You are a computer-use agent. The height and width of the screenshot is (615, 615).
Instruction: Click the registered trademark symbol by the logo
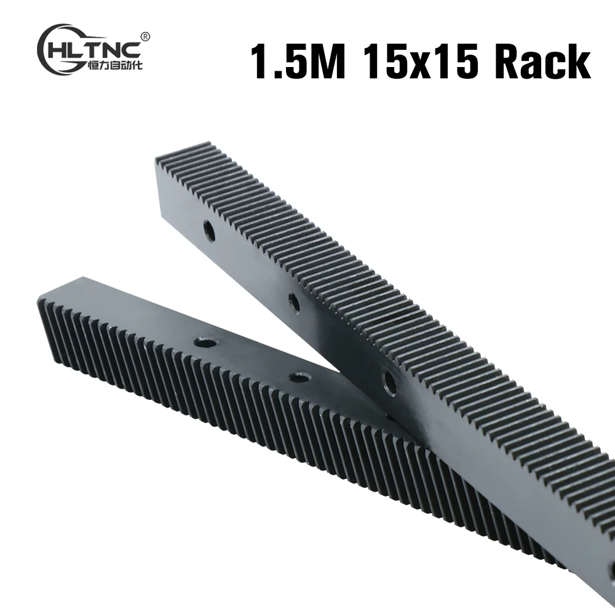click(x=145, y=37)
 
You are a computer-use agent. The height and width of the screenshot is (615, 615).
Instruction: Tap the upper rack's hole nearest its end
click(x=209, y=232)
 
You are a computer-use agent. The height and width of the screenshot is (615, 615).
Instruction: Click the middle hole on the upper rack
click(x=294, y=302)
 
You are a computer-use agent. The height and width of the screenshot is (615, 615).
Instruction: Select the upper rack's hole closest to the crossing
click(x=389, y=383)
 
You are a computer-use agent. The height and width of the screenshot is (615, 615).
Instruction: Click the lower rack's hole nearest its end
click(x=205, y=341)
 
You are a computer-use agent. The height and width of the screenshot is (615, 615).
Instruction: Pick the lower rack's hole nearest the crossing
click(x=300, y=377)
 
